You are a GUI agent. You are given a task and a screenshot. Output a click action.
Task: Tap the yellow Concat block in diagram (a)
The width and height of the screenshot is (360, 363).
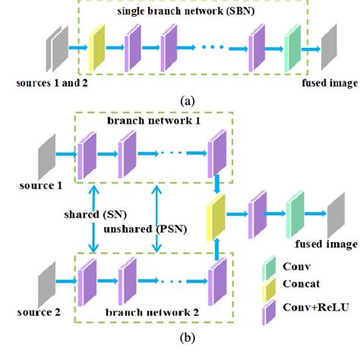point(97,47)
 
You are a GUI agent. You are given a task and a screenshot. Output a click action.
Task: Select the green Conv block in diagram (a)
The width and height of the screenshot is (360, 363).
point(292,47)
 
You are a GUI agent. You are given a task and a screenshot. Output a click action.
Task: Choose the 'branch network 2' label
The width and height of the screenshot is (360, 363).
point(153,312)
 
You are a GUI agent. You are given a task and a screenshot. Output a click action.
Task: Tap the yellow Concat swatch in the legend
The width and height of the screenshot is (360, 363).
point(267,289)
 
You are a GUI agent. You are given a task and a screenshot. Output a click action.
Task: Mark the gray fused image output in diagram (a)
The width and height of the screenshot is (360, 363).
point(328,47)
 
